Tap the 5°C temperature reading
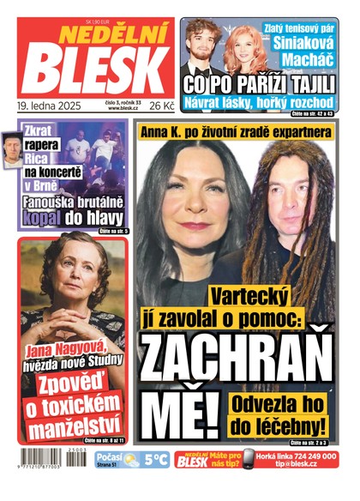click(x=155, y=460)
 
